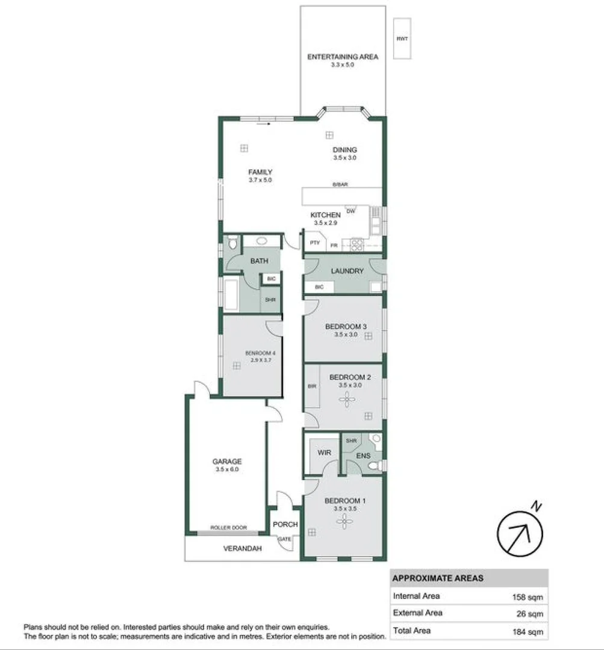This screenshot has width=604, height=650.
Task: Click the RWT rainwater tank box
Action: pyautogui.click(x=402, y=39)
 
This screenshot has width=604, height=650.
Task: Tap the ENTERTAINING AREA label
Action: pyautogui.click(x=343, y=57)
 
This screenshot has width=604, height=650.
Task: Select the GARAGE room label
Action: pyautogui.click(x=227, y=462)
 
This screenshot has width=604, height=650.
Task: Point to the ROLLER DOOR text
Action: pyautogui.click(x=228, y=528)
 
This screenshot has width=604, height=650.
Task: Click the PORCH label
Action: pyautogui.click(x=285, y=524)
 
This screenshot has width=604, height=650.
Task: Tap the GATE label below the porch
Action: pyautogui.click(x=284, y=539)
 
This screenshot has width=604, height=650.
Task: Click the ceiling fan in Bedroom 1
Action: pyautogui.click(x=344, y=521)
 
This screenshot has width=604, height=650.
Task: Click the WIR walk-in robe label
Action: pyautogui.click(x=323, y=452)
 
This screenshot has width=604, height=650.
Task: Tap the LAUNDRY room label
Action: pyautogui.click(x=347, y=271)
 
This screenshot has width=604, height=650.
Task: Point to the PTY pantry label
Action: pyautogui.click(x=314, y=243)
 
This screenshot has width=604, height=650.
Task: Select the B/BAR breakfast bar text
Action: pyautogui.click(x=340, y=185)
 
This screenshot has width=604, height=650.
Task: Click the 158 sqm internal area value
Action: pyautogui.click(x=527, y=596)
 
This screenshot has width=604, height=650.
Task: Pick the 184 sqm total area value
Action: pyautogui.click(x=527, y=631)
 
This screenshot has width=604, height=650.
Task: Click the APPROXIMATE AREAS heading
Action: pyautogui.click(x=438, y=578)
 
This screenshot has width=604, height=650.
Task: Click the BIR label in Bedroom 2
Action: pyautogui.click(x=312, y=386)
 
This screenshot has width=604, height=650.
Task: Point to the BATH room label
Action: pyautogui.click(x=259, y=261)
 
